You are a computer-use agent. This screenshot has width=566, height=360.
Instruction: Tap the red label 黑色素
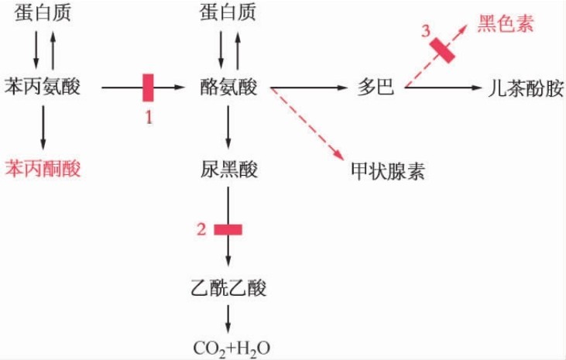[x=505, y=23]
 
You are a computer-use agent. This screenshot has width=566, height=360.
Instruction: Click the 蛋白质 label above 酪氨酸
[x=228, y=12]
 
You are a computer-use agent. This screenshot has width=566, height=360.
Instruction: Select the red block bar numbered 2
[x=228, y=229]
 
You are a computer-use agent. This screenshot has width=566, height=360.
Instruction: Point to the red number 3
[x=425, y=31]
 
